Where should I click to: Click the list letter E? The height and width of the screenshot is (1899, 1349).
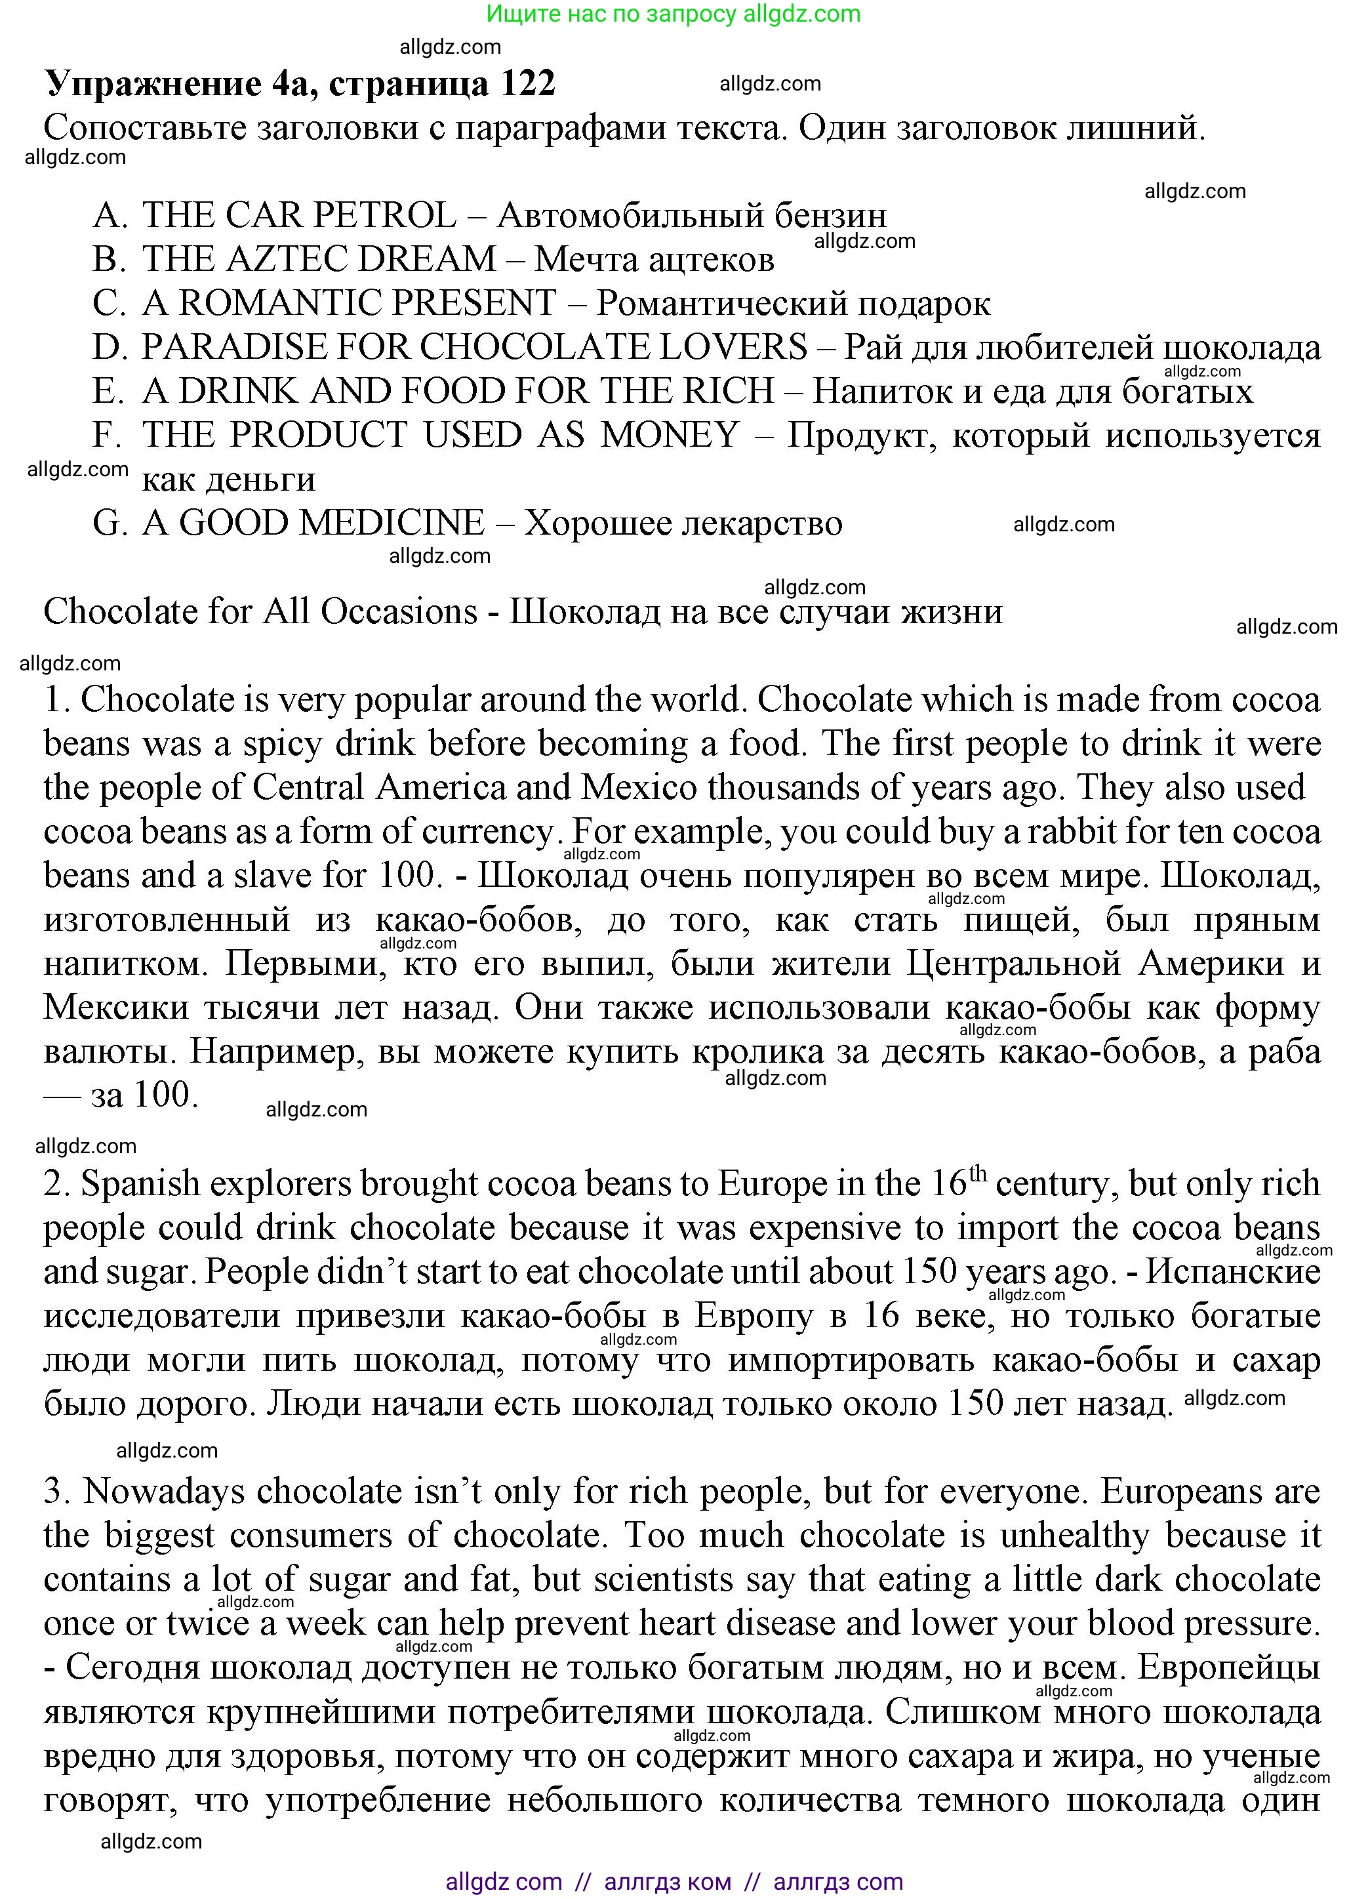(108, 391)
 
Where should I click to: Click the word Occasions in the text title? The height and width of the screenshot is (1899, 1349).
(399, 611)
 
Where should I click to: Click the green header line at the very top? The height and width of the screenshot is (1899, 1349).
(674, 14)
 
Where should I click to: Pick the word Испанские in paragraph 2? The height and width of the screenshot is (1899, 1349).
(1233, 1273)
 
